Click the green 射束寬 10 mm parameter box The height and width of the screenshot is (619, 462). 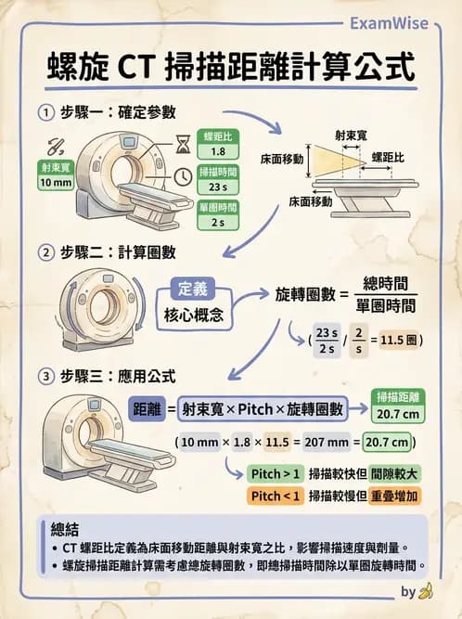(57, 175)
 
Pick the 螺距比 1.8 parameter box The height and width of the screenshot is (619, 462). (218, 144)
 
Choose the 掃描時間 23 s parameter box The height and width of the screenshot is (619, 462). (218, 179)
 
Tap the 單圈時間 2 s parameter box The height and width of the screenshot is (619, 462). (218, 214)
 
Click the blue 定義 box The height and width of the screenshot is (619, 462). (198, 289)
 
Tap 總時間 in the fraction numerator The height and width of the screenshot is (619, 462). (385, 282)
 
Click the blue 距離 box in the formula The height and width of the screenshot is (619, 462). (148, 407)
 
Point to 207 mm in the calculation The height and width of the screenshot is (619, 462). (332, 442)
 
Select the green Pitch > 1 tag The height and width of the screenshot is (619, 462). (275, 473)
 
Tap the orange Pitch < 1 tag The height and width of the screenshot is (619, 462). (275, 496)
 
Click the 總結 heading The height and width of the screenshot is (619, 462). (66, 529)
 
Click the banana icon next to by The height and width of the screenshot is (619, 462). (426, 590)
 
